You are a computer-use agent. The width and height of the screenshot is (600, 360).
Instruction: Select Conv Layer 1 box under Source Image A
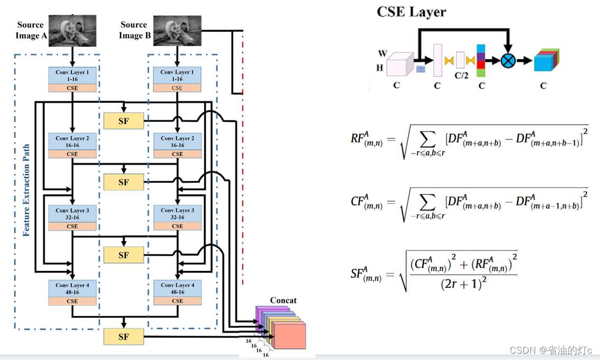pos(73,75)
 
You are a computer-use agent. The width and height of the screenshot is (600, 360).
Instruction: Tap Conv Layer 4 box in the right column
pos(177,289)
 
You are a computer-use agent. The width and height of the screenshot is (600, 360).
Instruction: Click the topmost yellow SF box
pos(123,121)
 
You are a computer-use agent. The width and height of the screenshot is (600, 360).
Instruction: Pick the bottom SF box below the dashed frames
pos(123,336)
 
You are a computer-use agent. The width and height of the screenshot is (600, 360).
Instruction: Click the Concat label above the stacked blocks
pos(283,300)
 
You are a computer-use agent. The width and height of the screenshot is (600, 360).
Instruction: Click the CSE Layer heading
pos(411,12)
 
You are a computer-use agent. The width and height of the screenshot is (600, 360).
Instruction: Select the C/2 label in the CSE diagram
pos(461,75)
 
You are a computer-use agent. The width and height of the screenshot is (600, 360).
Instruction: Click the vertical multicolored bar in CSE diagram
pos(481,60)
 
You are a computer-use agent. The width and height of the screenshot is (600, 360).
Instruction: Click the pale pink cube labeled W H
pos(401,65)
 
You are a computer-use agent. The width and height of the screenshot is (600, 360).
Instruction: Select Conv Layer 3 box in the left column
pos(73,214)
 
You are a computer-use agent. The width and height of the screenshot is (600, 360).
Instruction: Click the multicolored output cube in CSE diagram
pos(546,60)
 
